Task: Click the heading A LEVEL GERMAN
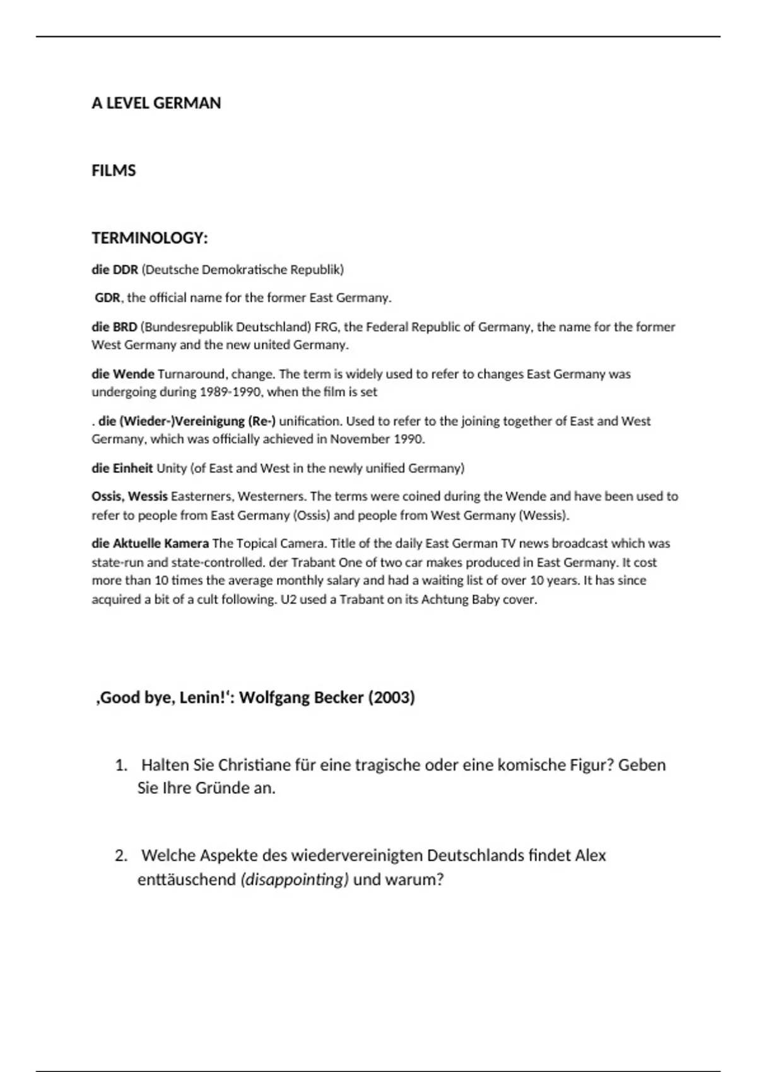pos(156,103)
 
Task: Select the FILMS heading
pos(114,171)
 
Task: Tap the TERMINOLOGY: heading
pos(150,238)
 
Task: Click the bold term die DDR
pos(115,270)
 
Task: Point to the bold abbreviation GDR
pos(107,298)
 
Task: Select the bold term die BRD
pos(114,327)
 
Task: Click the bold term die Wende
pos(123,374)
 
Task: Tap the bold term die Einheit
pos(122,468)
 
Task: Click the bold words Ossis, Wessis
pos(129,496)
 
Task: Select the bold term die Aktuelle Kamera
pos(150,544)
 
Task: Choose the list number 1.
pos(120,766)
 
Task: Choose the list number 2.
pos(120,856)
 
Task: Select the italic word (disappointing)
pos(295,880)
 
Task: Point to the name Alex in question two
pos(590,856)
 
